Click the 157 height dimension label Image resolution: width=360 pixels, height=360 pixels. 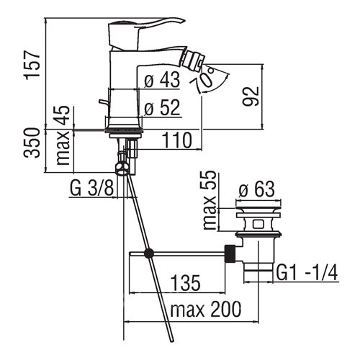[x=32, y=64]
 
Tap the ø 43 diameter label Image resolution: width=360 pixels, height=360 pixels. [x=162, y=80]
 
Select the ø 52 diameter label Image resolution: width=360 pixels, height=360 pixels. [x=162, y=107]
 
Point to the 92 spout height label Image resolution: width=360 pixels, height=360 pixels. [x=251, y=96]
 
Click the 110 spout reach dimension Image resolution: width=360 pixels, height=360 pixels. [x=177, y=140]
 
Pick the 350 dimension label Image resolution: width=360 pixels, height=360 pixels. [x=32, y=143]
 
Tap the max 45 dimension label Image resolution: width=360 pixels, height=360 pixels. [x=62, y=135]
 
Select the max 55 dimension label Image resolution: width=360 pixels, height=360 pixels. [x=209, y=200]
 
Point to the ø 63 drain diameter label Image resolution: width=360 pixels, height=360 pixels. [x=256, y=189]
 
